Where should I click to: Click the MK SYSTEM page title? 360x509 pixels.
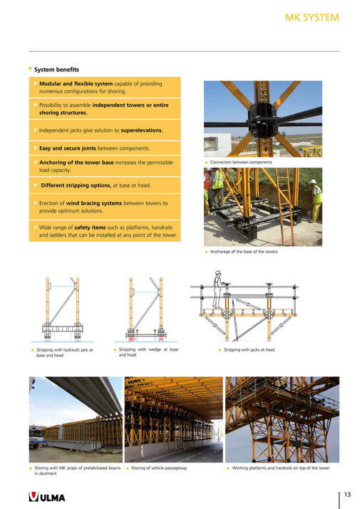click(x=312, y=17)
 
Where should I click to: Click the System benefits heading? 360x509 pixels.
click(x=56, y=69)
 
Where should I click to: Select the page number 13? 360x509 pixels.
click(x=347, y=494)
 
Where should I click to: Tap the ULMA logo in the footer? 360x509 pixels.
click(x=47, y=496)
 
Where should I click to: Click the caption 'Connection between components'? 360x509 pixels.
click(x=241, y=162)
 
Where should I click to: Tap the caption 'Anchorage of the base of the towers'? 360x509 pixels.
click(x=244, y=251)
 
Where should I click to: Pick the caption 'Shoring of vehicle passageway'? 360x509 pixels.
click(x=158, y=468)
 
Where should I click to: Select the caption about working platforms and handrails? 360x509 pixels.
click(x=280, y=468)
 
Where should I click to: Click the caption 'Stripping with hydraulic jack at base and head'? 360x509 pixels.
click(x=64, y=352)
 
